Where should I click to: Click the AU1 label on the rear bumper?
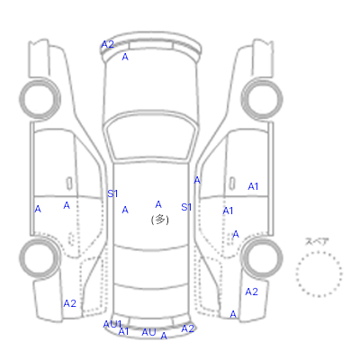tap(112, 324)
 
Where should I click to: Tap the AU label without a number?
tap(148, 332)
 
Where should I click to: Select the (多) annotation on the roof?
tap(160, 220)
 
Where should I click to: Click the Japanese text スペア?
tap(317, 242)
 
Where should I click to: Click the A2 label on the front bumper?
tap(108, 44)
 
